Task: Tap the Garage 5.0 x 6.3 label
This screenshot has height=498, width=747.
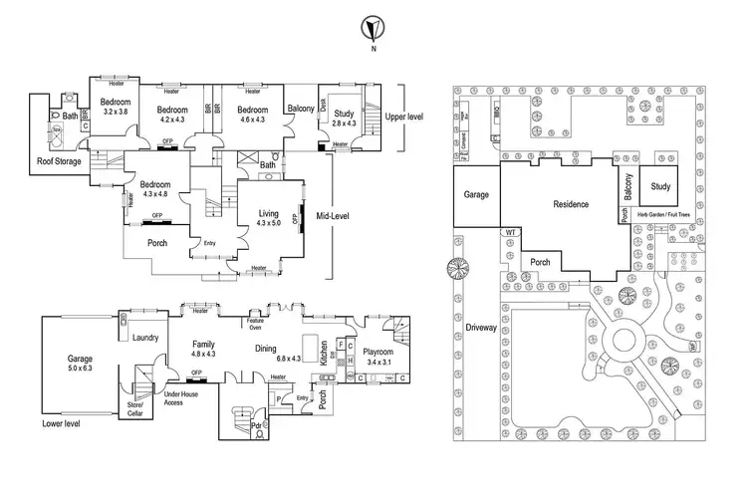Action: point(79,363)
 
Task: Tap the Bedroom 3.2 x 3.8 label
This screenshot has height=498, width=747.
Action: point(117,107)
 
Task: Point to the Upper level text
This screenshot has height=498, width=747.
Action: point(403,116)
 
